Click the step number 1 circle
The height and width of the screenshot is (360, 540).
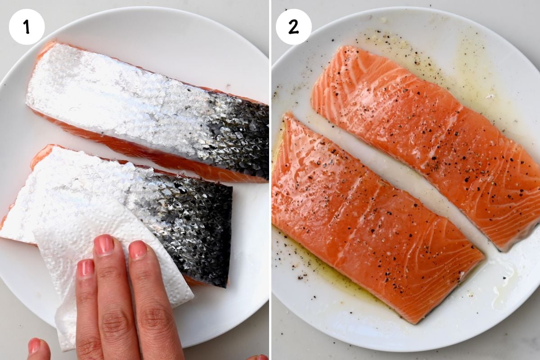coord(27,27)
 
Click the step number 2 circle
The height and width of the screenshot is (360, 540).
coord(293,27)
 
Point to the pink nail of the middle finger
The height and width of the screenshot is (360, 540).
coord(104,245)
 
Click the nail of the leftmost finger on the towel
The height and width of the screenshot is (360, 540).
coord(85,268)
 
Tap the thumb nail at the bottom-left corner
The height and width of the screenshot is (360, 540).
coord(35,346)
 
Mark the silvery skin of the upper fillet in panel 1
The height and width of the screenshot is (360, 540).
coord(112,90)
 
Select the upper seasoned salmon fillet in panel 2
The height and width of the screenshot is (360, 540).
coord(427,135)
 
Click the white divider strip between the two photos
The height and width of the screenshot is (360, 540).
coord(270,180)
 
